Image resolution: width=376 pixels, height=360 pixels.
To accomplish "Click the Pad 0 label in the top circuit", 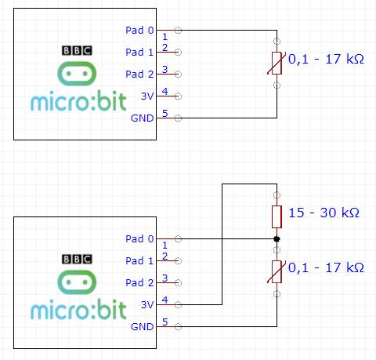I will click(139, 31).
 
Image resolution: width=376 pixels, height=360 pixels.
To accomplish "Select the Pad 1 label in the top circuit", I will click(139, 53).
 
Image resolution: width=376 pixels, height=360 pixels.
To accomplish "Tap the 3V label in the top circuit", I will click(146, 96).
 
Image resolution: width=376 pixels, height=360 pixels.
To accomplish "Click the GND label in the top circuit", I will click(143, 118).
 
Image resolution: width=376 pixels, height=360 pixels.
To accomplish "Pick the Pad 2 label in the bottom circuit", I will click(139, 282).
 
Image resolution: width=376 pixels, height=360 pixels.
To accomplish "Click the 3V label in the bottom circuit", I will click(146, 304).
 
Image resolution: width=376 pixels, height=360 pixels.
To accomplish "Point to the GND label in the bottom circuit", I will click(143, 326).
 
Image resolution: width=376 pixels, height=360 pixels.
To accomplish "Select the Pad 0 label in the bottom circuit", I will click(139, 238).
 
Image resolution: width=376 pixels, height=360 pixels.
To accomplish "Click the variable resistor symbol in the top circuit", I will click(276, 62).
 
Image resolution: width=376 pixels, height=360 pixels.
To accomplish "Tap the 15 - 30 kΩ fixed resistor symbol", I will click(276, 216).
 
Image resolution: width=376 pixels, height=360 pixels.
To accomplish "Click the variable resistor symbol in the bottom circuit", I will click(276, 271).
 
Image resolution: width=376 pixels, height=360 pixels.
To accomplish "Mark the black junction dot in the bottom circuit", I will click(276, 238).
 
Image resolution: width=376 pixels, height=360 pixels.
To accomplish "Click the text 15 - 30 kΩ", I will click(324, 213).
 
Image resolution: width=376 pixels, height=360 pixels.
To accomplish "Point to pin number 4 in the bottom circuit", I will click(164, 300).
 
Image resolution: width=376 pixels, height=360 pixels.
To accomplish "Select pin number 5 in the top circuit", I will click(164, 114).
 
